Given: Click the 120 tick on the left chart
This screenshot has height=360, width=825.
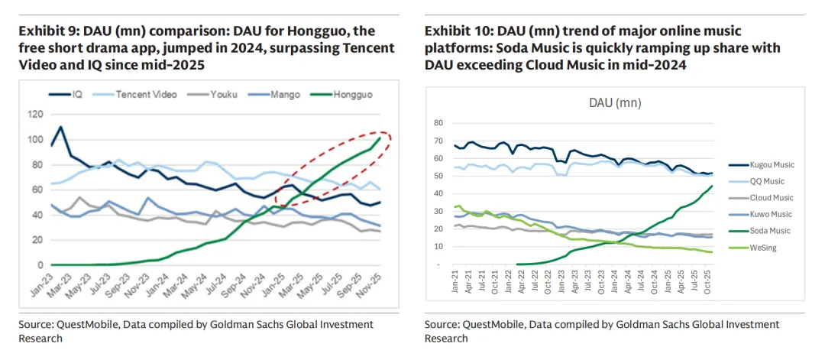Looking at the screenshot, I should tap(34, 114).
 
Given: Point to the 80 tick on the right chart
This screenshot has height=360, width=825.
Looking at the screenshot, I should tap(438, 123).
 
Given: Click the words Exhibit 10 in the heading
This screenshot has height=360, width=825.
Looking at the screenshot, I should tap(456, 32).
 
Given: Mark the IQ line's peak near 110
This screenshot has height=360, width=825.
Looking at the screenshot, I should tap(60, 127).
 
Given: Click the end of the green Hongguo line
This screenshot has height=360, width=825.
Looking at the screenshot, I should tap(380, 138).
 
